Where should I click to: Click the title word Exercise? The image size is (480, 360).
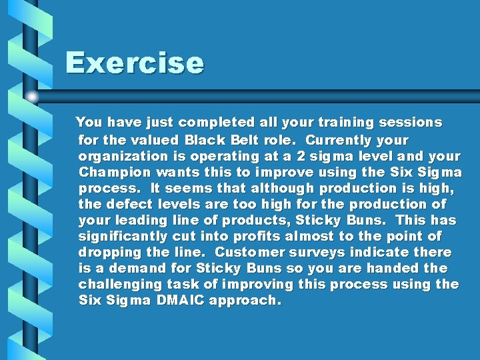coord(134,64)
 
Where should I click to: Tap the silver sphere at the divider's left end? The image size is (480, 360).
coord(32,97)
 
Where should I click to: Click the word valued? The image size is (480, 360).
coord(157,140)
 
